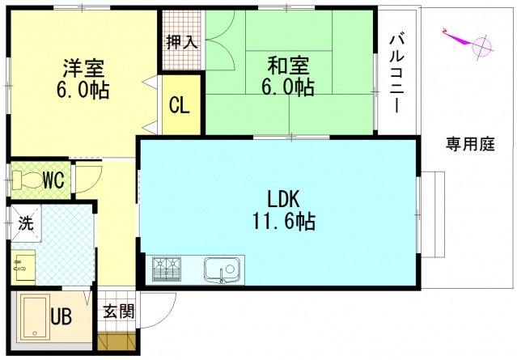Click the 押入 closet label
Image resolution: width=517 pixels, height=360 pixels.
[x=182, y=42]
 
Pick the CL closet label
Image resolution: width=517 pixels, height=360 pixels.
[x=179, y=105]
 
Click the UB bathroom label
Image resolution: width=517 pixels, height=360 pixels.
[x=61, y=316]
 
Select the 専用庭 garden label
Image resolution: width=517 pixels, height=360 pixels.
[x=469, y=145]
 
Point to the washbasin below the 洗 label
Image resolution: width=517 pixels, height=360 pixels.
[x=23, y=263]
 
